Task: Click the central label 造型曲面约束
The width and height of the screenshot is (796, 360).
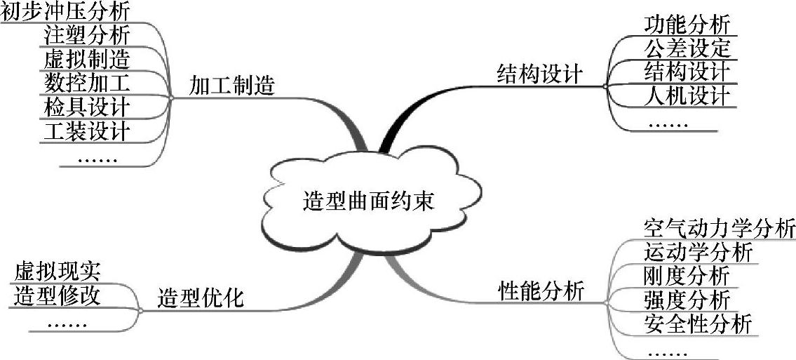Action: pos(369,201)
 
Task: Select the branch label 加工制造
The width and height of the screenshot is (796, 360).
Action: pos(231,86)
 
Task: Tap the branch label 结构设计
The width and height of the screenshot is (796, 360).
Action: pos(539,74)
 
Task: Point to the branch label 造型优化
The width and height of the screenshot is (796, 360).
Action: pos(201,298)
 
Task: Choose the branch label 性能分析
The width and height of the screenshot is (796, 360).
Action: pos(541,291)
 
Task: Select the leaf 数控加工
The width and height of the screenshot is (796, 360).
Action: pos(86,82)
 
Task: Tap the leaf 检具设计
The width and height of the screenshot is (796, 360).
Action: pos(86,107)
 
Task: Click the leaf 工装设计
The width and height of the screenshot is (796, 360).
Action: pos(86,131)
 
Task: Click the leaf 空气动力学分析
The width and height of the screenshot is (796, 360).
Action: pos(719,229)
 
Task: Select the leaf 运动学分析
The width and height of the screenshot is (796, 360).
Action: pos(698,252)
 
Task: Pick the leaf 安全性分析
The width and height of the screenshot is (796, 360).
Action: pos(698,324)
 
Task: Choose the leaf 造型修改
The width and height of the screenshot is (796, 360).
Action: pos(57,295)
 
